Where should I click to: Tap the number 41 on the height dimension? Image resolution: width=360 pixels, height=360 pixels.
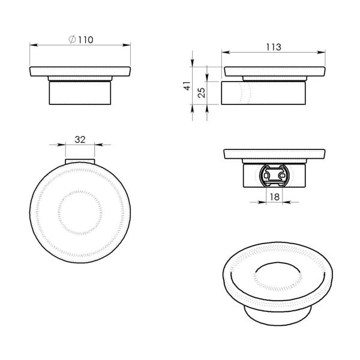(x=187, y=87)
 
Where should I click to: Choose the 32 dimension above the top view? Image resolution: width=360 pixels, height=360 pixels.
(x=80, y=139)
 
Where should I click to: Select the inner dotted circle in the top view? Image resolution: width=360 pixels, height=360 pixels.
(x=80, y=212)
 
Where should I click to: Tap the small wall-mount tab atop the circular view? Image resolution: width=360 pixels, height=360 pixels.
(x=80, y=161)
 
